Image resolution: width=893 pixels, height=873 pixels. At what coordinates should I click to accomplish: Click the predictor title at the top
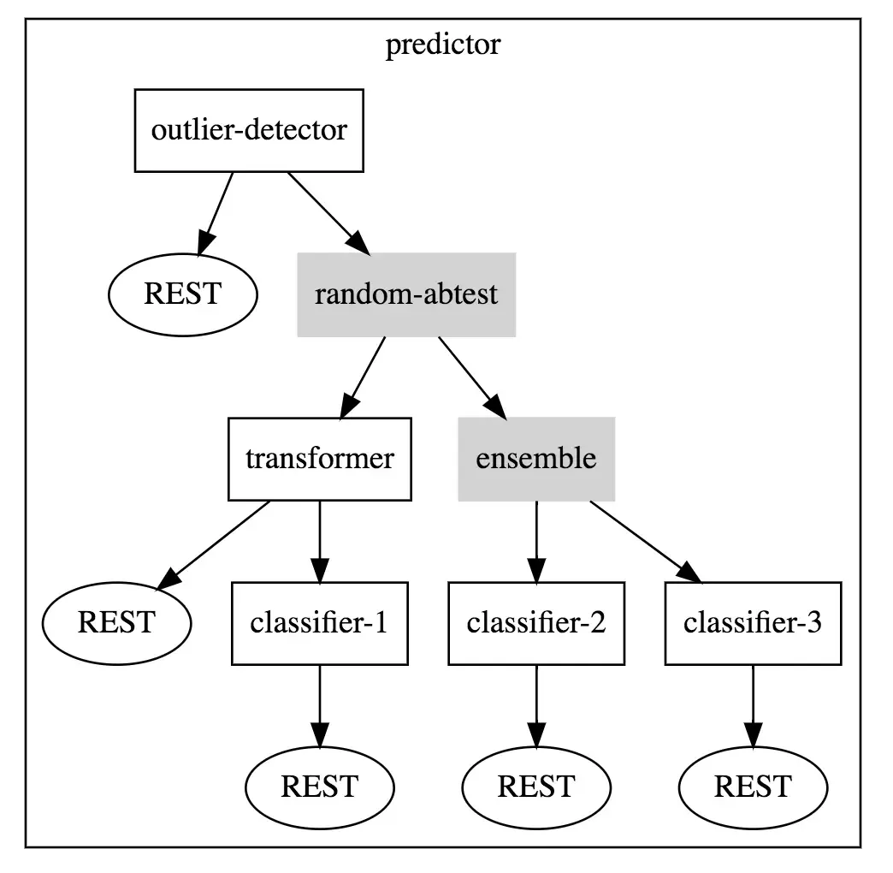443,45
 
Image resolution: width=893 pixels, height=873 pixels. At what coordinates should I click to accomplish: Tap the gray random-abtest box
406,294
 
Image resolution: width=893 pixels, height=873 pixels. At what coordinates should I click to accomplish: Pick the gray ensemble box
536,460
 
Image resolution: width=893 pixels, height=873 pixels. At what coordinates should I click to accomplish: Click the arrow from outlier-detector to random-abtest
329,214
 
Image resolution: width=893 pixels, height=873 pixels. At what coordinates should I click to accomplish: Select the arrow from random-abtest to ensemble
472,378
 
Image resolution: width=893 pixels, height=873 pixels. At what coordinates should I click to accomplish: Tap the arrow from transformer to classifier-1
320,543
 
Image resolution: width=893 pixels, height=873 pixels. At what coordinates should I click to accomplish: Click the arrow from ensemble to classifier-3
646,543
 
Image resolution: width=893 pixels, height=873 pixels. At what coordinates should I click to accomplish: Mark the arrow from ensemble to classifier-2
536,543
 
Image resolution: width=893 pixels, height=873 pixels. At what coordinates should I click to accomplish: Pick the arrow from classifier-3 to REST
753,707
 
